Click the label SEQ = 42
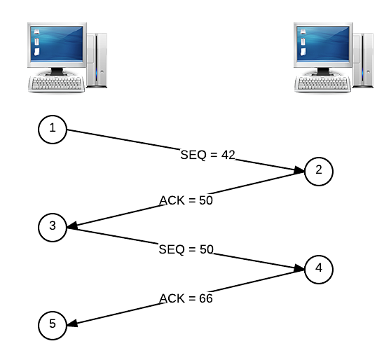pos(207,155)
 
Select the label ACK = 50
pos(186,200)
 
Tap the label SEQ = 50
pos(186,249)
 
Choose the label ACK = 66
pos(186,298)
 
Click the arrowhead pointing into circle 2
pos(299,170)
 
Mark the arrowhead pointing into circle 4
pos(299,268)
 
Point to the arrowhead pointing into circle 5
pos(72,324)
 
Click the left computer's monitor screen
pos(57,43)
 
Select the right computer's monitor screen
pos(323,43)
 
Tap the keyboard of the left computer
pos(57,84)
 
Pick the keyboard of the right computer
pos(323,84)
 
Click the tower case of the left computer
pos(97,60)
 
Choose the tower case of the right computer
pos(364,60)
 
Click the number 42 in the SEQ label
pos(228,155)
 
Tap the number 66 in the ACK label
pos(206,298)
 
